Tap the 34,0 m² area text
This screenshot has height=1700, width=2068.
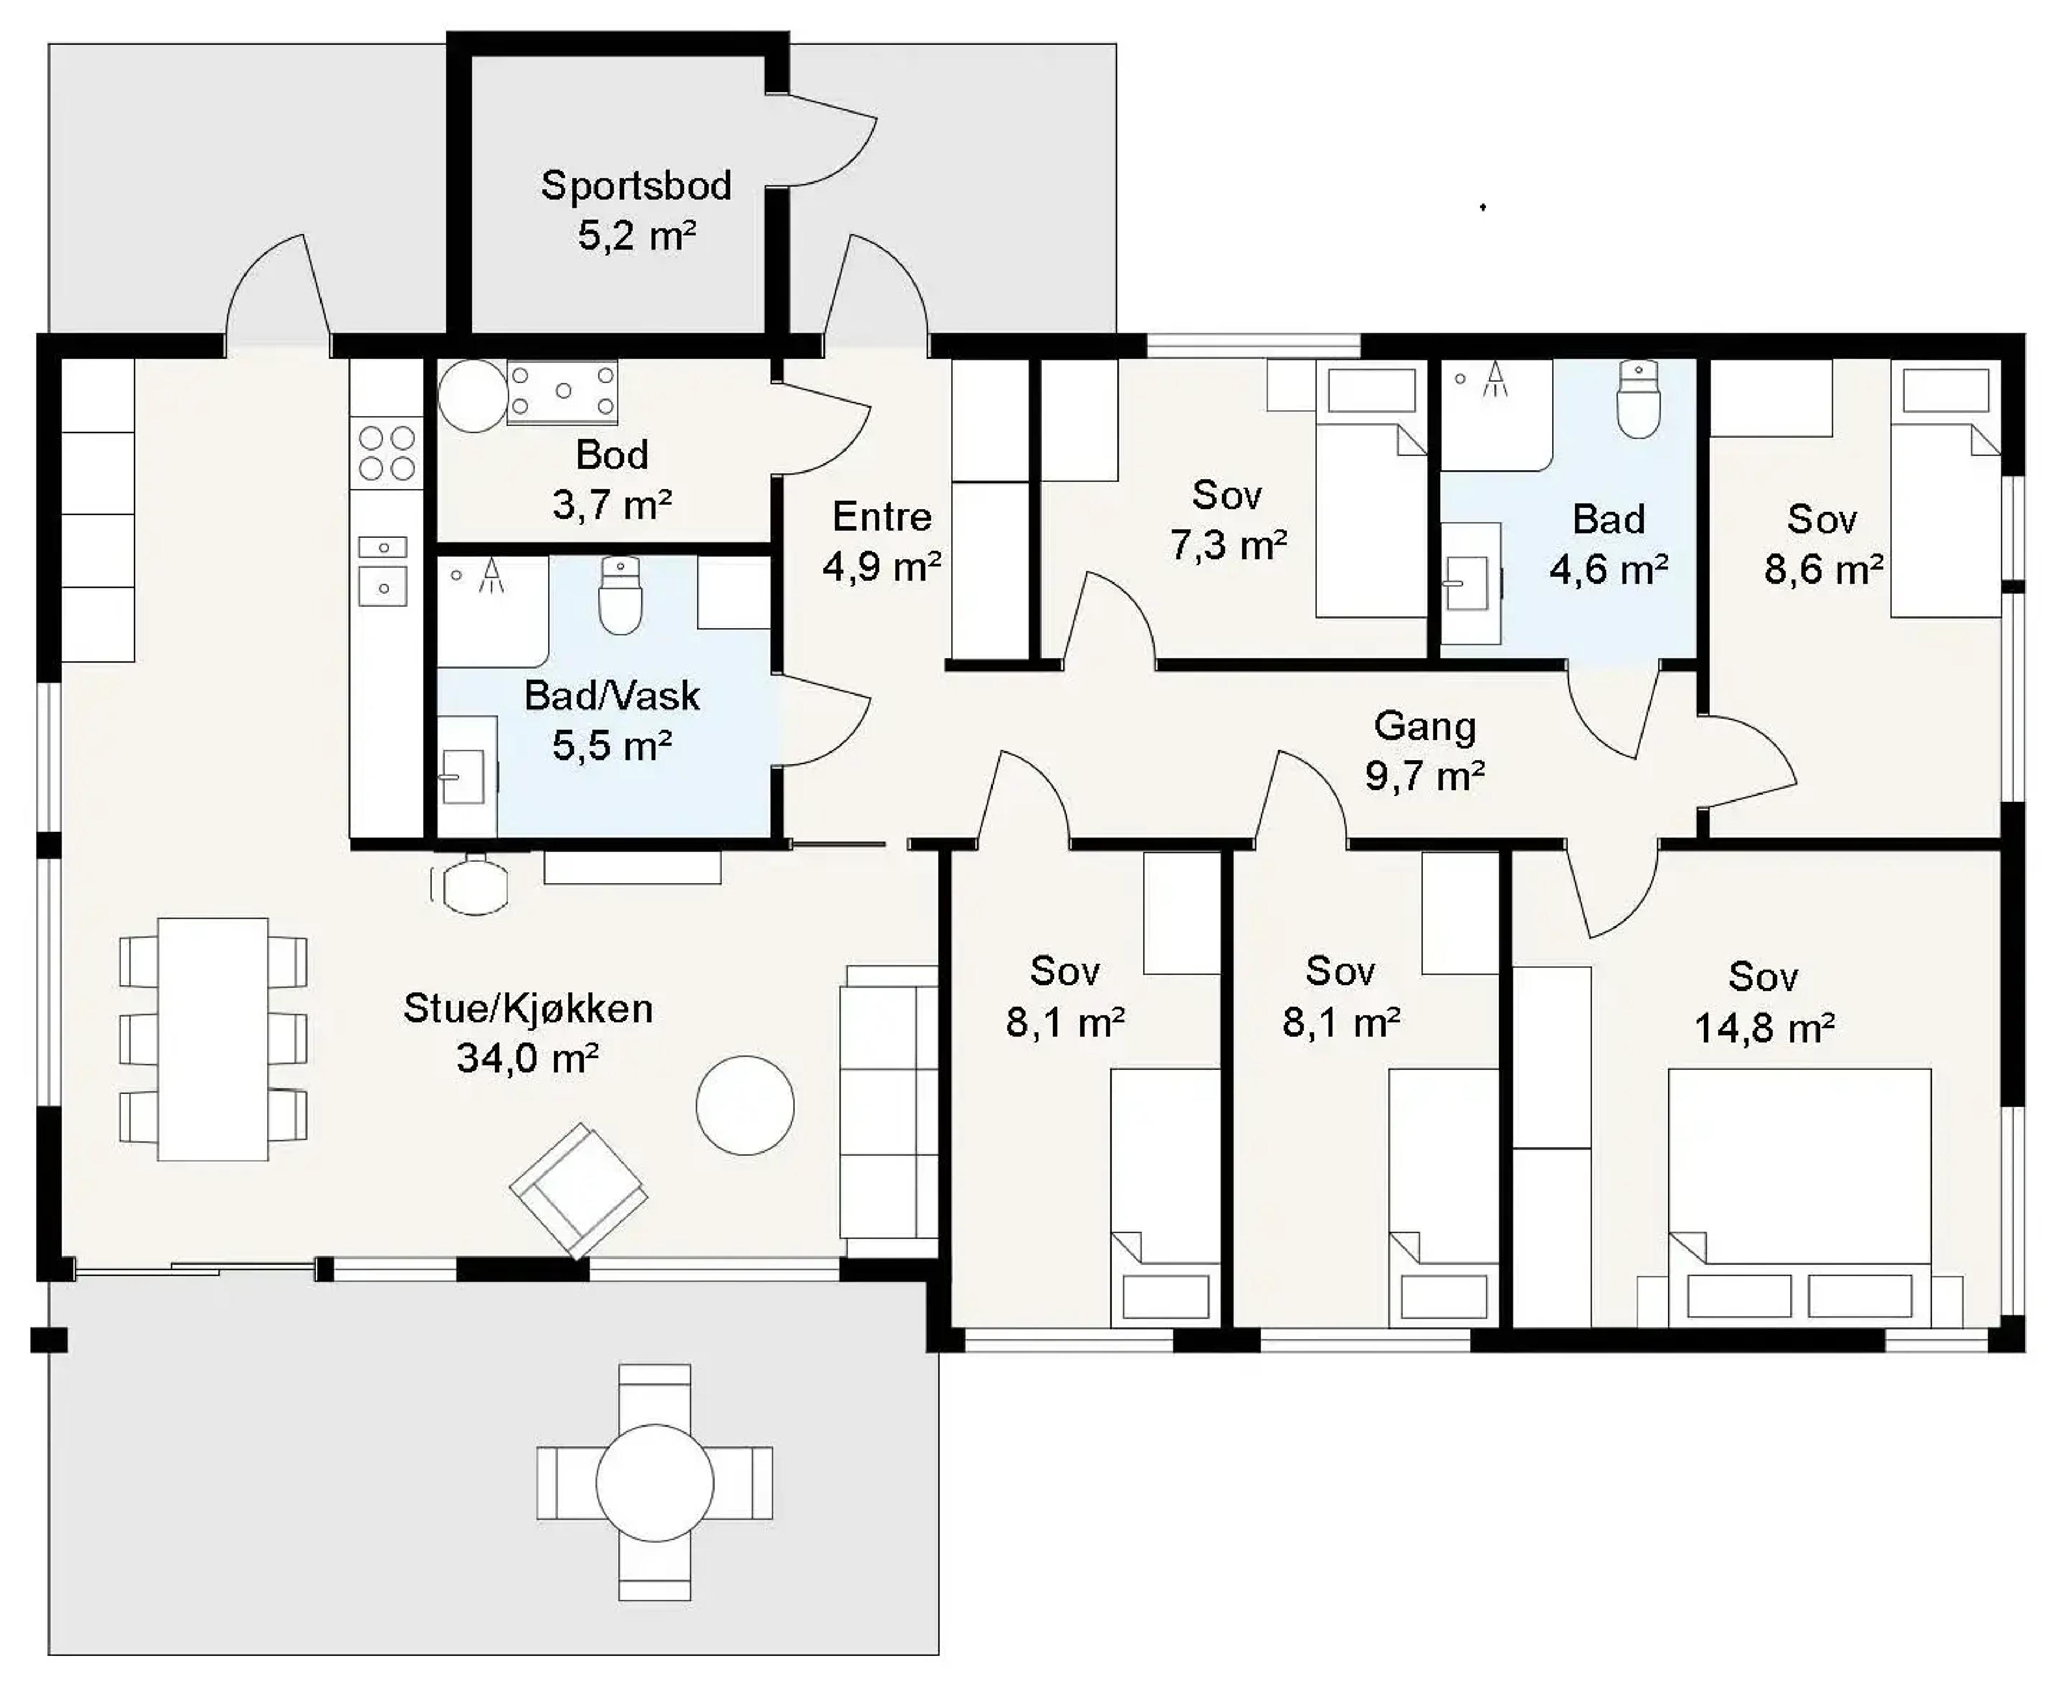(x=528, y=1058)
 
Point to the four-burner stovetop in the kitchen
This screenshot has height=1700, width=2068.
(x=387, y=452)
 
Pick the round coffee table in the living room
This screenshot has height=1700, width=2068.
(x=744, y=1105)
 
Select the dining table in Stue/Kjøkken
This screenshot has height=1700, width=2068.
(x=213, y=1039)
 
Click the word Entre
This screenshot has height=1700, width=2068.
(x=882, y=516)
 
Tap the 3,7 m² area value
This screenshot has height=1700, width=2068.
(x=611, y=505)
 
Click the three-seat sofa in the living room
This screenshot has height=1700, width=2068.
(x=889, y=1112)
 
